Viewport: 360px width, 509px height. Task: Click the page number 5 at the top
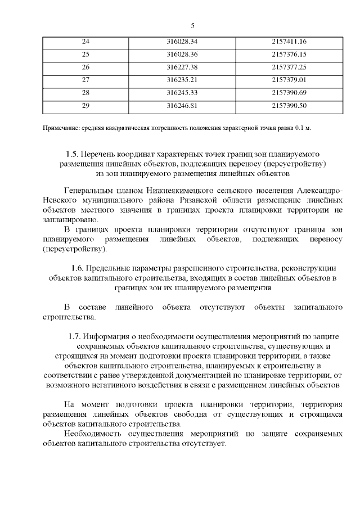[193, 25]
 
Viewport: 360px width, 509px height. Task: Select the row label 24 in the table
[85, 42]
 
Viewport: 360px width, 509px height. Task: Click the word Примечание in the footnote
[61, 129]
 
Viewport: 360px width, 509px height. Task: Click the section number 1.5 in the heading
[71, 154]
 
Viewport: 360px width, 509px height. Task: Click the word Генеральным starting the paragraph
[91, 191]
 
